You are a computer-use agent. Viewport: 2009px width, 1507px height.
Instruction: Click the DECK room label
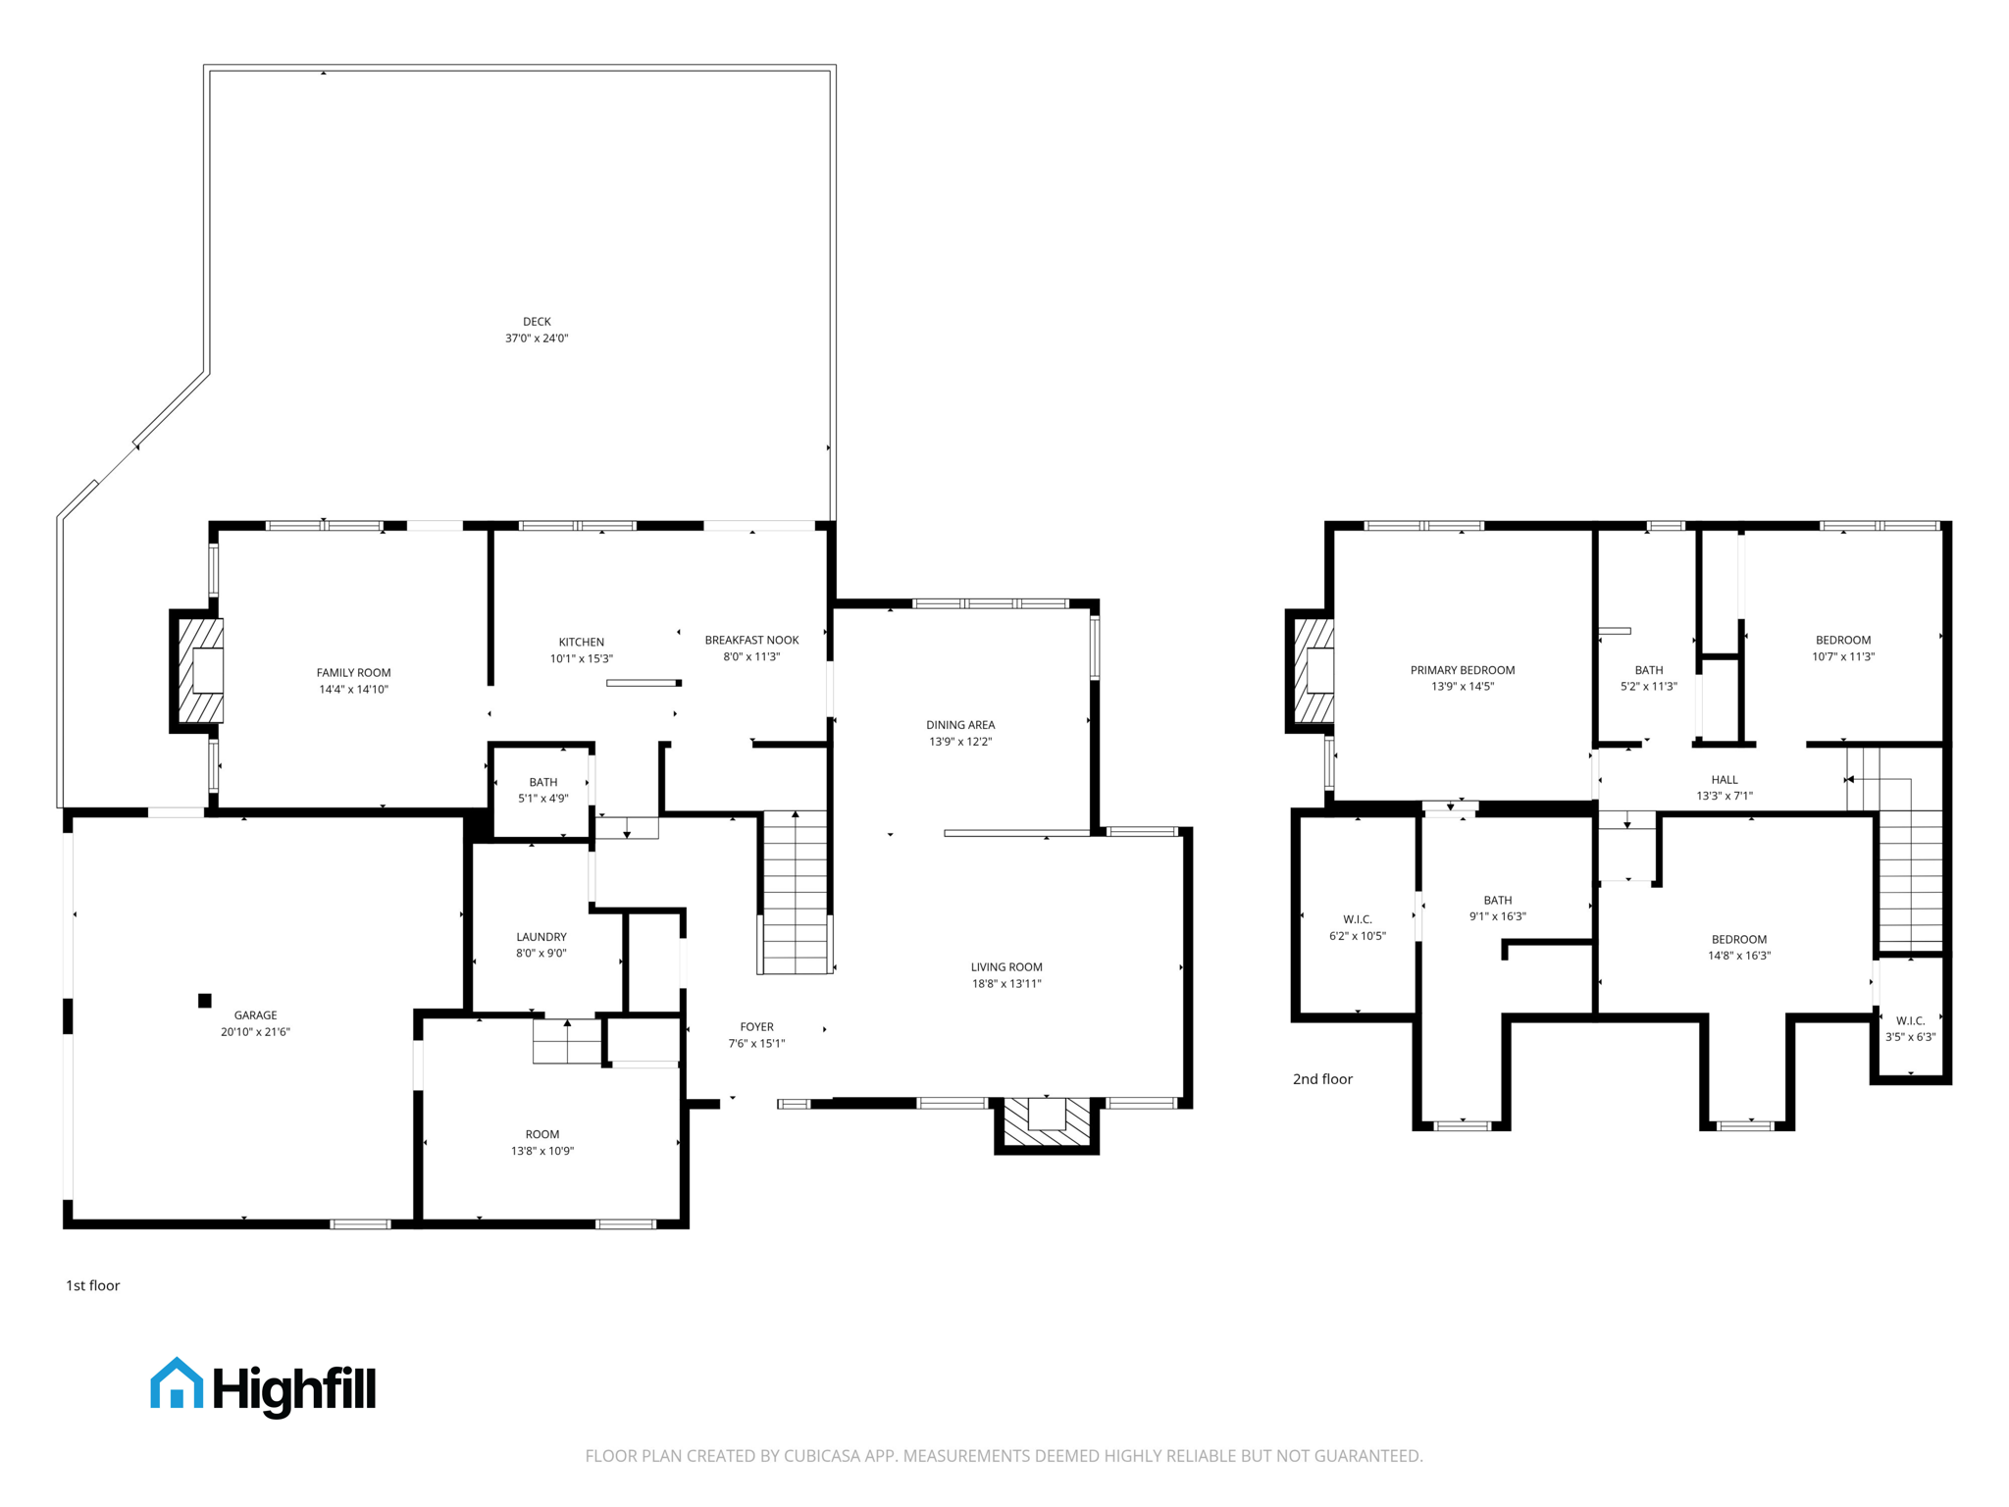coord(537,322)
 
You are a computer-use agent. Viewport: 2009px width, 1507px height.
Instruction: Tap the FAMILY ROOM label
coord(353,673)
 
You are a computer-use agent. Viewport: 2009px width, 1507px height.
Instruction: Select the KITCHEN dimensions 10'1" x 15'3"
coord(581,659)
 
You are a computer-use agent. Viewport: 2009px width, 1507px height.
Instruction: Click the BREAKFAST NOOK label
coord(751,641)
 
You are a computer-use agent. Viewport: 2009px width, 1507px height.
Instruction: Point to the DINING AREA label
coord(959,725)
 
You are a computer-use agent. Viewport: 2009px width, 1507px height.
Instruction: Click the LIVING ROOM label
coord(1006,967)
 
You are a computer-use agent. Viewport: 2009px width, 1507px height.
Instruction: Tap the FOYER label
coord(756,1027)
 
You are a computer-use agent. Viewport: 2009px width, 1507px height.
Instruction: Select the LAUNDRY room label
coord(541,937)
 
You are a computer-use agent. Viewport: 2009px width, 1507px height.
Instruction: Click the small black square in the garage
coord(205,1001)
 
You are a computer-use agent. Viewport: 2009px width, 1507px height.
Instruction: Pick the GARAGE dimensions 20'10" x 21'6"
coord(255,1032)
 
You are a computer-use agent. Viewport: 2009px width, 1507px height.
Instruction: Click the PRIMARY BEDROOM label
coord(1462,670)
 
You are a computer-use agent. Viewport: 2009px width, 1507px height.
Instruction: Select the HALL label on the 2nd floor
coord(1724,780)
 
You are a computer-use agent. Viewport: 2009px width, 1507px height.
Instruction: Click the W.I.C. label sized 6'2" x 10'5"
coord(1357,919)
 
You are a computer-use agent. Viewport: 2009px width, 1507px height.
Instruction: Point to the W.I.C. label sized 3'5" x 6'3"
coord(1910,1020)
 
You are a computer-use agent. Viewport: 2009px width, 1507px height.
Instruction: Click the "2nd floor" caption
coord(1321,1079)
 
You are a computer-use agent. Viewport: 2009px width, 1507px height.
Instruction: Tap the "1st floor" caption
coord(92,1285)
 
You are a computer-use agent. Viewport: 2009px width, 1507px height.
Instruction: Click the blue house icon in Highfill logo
coord(177,1384)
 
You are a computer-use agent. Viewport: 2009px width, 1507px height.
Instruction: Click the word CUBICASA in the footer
coord(822,1456)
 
